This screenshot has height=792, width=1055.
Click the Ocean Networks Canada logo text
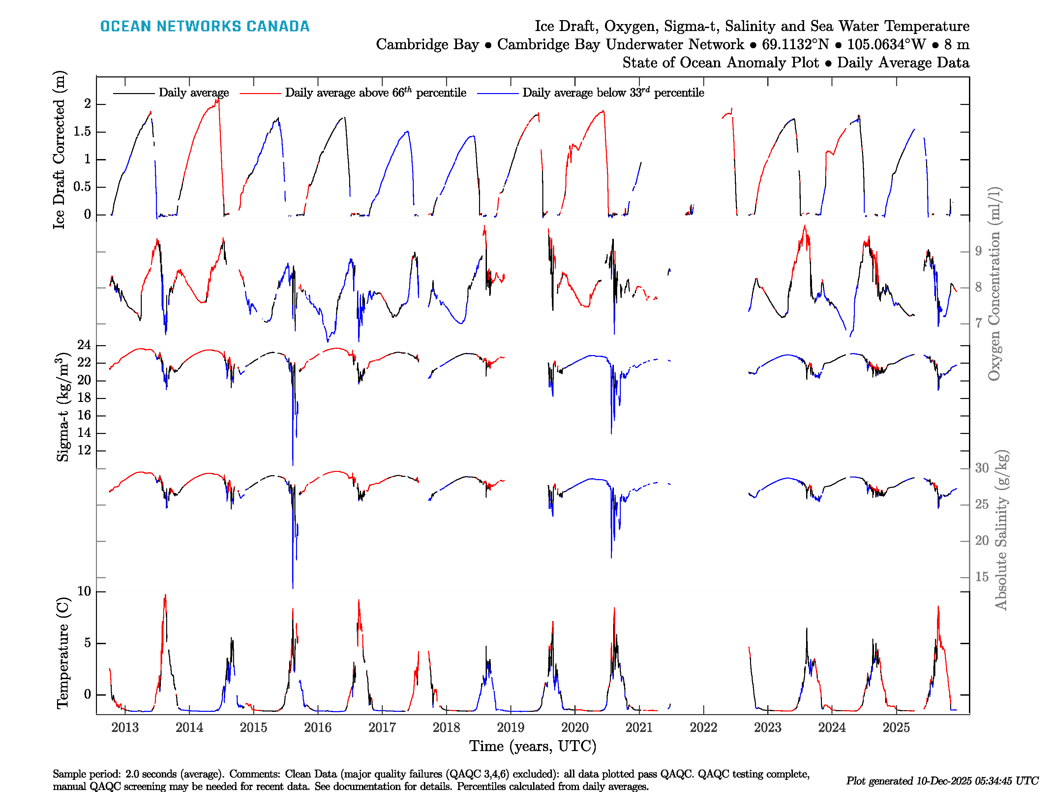(x=205, y=26)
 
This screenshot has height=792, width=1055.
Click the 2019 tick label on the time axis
(x=510, y=728)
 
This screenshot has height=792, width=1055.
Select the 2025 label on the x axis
(x=896, y=728)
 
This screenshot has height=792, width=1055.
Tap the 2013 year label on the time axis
(x=125, y=728)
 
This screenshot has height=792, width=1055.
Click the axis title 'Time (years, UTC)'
(x=533, y=746)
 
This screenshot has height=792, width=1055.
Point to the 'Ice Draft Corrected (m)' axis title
(x=59, y=150)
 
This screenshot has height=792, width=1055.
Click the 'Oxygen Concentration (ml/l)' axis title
(x=994, y=284)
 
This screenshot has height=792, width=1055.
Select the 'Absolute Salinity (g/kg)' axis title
(x=1001, y=530)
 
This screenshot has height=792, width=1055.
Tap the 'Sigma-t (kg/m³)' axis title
(x=63, y=407)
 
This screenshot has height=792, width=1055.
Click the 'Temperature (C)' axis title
(x=63, y=653)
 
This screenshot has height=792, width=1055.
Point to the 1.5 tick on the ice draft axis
(x=82, y=132)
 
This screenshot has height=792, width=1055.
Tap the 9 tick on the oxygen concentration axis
(x=978, y=251)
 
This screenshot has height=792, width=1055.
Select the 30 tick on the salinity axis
(x=981, y=468)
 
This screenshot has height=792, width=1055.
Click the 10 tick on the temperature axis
(x=84, y=591)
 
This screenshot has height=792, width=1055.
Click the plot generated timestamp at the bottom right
(x=942, y=781)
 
